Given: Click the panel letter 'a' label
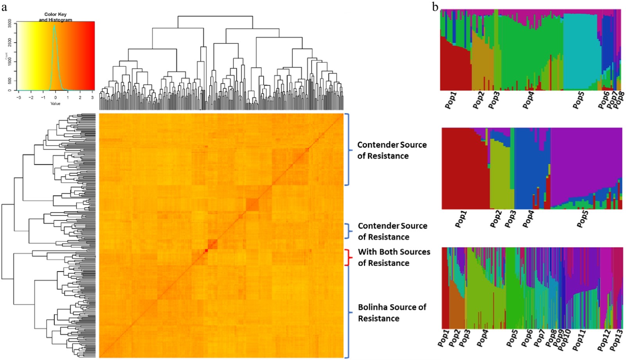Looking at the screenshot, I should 5,6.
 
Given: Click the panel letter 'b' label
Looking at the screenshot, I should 435,6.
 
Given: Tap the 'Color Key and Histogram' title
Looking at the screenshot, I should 55,17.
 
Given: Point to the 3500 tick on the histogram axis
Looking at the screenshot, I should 10,23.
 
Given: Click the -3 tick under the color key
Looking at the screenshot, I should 19,97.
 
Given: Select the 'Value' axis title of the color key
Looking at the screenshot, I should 55,104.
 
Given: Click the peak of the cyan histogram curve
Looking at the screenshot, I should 54,27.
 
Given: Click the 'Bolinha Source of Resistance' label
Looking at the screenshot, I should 392,313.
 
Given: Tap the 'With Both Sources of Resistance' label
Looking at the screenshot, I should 394,257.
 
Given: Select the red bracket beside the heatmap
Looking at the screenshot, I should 347,257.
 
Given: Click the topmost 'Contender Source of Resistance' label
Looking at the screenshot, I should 392,150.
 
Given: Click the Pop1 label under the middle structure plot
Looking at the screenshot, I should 461,219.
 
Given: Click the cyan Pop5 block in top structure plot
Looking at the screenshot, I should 582,51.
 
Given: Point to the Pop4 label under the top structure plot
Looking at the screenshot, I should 528,100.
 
